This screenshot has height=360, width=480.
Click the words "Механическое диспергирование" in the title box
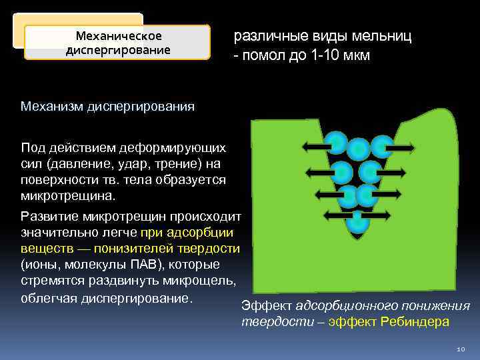click(x=118, y=42)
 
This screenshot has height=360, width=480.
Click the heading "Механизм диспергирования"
click(x=107, y=106)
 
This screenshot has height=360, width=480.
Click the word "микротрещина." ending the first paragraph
click(x=68, y=197)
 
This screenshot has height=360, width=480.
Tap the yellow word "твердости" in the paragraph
click(x=209, y=249)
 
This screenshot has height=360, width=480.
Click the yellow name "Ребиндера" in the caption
click(x=415, y=321)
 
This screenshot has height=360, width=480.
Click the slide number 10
click(x=460, y=349)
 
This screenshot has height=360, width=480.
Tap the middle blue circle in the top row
click(x=359, y=149)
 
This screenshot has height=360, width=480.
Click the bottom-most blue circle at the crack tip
click(x=358, y=223)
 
